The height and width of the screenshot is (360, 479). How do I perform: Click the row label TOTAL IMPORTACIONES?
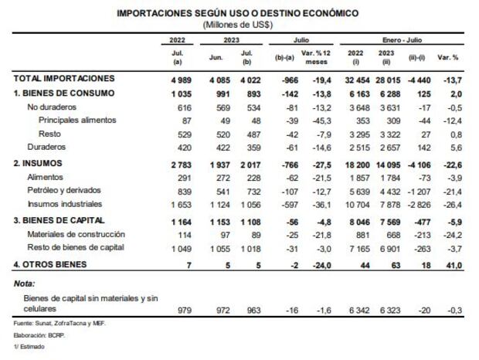64,79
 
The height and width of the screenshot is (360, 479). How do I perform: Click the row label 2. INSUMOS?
41,163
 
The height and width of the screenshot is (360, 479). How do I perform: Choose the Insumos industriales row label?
64,205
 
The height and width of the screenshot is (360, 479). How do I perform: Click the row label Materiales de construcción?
76,233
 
